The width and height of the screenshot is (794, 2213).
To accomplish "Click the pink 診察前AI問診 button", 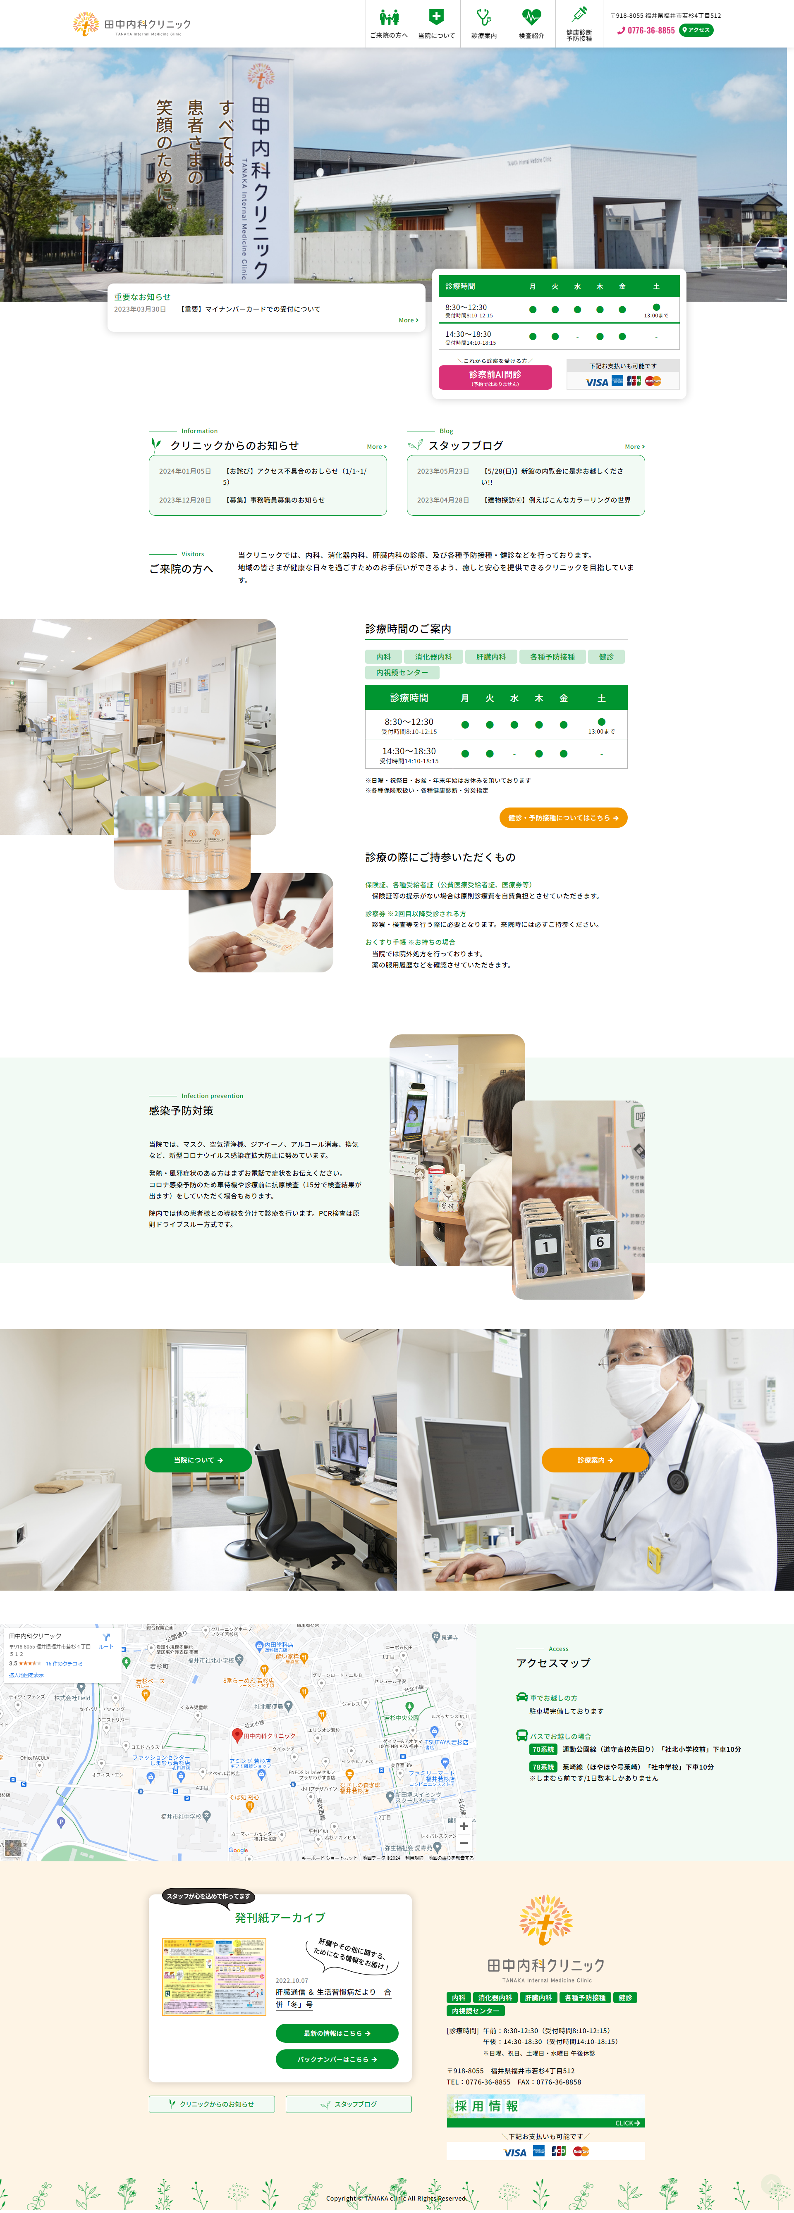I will coord(495,377).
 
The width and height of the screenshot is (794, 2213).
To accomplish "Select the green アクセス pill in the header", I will coord(696,30).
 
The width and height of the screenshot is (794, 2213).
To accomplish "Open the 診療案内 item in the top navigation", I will coord(484,23).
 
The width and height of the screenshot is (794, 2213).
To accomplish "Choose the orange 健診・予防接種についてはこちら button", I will coord(563,818).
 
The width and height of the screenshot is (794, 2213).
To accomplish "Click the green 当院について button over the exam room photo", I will coord(198,1460).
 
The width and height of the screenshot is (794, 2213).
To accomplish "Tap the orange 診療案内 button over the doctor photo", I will coord(595,1460).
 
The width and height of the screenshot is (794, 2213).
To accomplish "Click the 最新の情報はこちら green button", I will coord(337,2034).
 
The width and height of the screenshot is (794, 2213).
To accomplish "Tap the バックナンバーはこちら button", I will coord(337,2059).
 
